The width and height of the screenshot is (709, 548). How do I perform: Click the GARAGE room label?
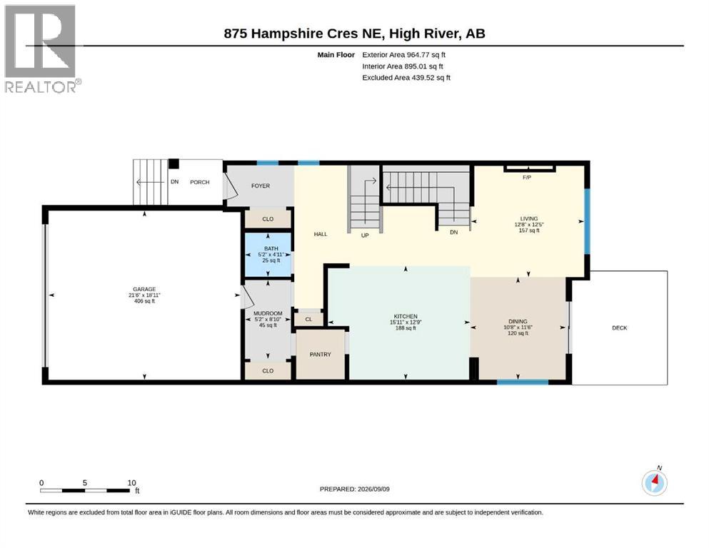(144, 289)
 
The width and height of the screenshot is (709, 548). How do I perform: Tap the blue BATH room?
(268, 255)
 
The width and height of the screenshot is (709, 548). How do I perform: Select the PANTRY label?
(320, 355)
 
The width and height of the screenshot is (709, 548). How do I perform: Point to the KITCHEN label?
(406, 316)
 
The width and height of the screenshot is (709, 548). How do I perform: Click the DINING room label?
(518, 321)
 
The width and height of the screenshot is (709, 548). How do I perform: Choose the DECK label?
(620, 328)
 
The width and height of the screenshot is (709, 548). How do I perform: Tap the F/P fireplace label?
(527, 178)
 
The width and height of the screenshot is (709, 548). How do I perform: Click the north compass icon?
(654, 482)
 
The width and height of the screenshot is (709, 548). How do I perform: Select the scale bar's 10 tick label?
(131, 482)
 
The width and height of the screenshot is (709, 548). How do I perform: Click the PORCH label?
(199, 182)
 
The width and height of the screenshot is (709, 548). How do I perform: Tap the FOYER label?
(261, 186)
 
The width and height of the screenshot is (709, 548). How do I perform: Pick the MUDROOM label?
(268, 313)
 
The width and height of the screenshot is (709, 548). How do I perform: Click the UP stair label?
(365, 235)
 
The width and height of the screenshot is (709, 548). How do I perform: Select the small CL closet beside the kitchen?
(309, 320)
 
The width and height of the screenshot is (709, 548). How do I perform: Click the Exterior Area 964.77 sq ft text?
(404, 55)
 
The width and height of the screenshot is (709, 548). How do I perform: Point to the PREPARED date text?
(354, 489)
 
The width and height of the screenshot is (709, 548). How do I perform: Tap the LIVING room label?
(529, 218)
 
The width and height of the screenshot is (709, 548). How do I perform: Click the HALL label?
(320, 234)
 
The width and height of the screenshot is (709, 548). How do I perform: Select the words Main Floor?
(336, 55)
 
